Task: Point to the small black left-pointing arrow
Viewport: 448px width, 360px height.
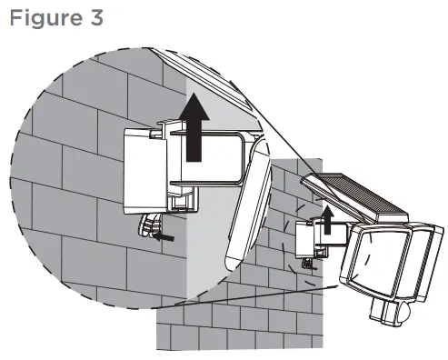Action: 164,235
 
